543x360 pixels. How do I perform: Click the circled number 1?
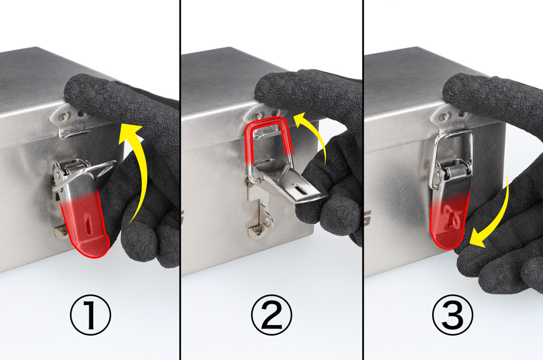click(x=90, y=315)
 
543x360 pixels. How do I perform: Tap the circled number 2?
click(x=271, y=315)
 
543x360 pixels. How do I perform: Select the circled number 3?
click(x=453, y=315)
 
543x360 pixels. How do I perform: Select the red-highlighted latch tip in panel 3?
click(x=449, y=222)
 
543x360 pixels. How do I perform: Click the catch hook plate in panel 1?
click(x=69, y=123)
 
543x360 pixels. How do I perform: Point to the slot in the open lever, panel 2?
click(x=300, y=189)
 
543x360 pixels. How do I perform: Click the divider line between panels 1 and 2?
click(x=180, y=180)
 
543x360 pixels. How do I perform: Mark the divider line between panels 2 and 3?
click(x=363, y=180)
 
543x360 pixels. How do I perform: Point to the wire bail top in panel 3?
click(x=454, y=133)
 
